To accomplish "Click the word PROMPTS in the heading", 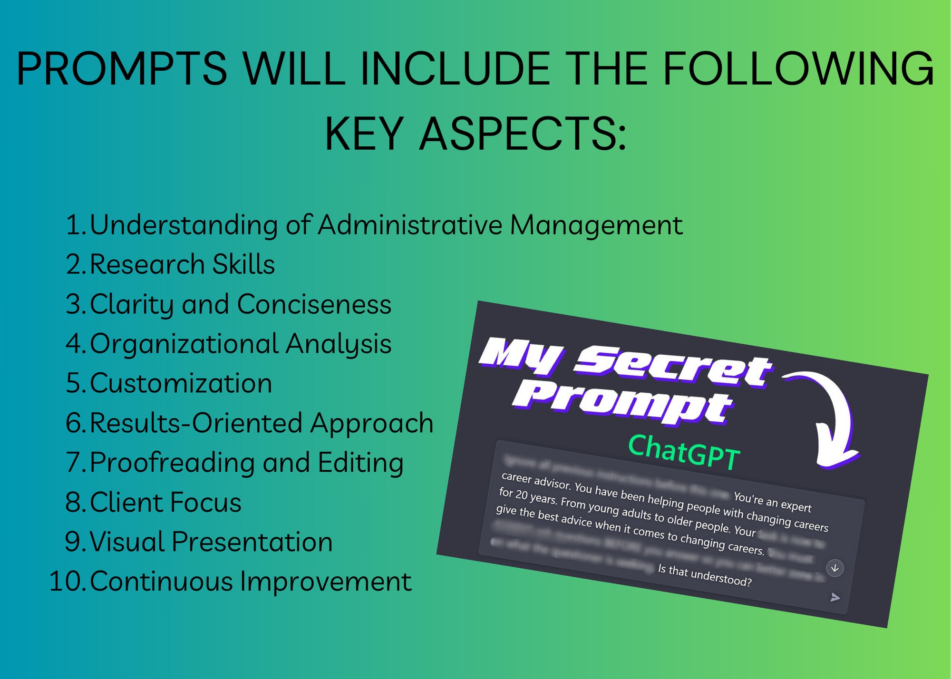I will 122,69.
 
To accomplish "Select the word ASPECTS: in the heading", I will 523,135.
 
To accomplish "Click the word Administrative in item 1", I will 410,225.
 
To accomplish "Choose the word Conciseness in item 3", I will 314,304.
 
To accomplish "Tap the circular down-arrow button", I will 835,568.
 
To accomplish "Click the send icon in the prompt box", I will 835,597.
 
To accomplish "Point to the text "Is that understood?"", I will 705,575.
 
